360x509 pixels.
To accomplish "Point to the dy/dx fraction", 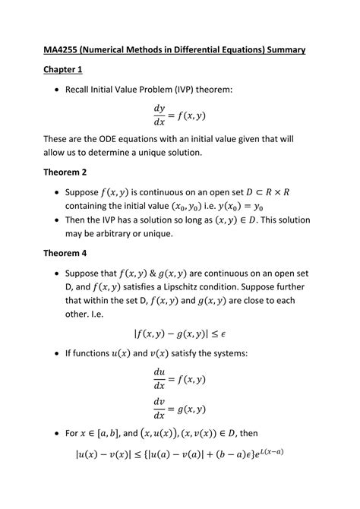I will [x=160, y=115].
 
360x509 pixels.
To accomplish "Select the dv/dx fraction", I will [x=159, y=409].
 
